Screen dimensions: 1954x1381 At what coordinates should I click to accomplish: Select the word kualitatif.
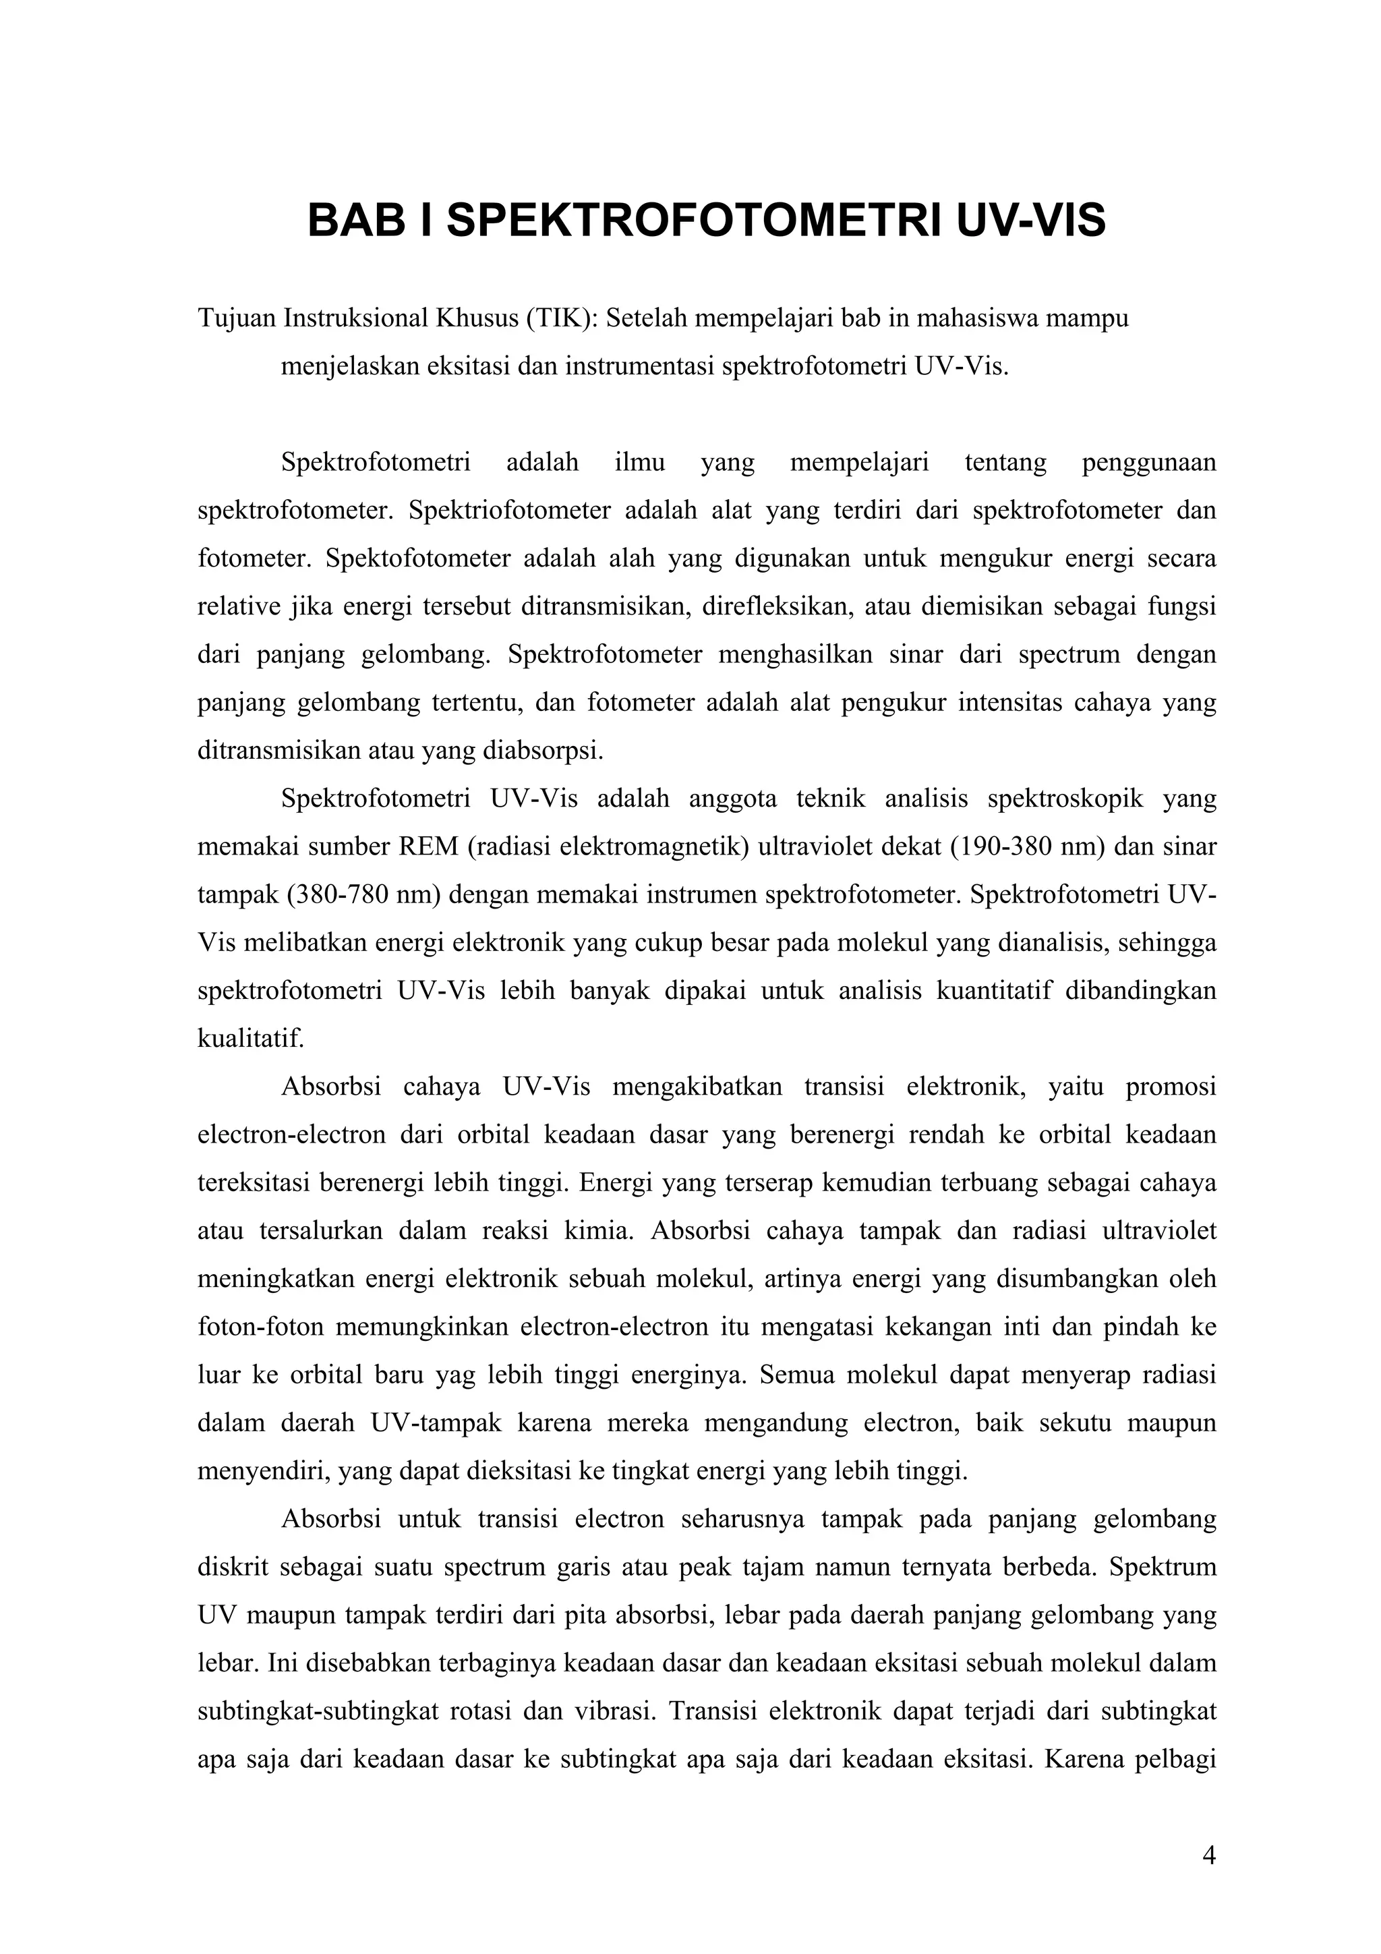(x=251, y=1039)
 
